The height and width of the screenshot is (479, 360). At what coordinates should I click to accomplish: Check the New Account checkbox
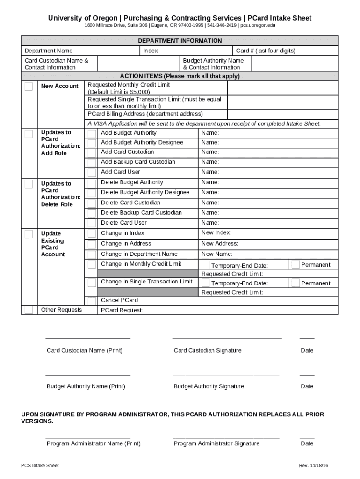pyautogui.click(x=29, y=87)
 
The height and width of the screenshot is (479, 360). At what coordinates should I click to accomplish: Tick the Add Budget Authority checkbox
pyautogui.click(x=92, y=134)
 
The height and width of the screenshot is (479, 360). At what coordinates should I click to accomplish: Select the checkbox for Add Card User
pyautogui.click(x=92, y=173)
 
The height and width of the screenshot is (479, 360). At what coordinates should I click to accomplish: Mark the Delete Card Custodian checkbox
pyautogui.click(x=92, y=203)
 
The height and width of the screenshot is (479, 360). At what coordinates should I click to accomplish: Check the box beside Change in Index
pyautogui.click(x=92, y=234)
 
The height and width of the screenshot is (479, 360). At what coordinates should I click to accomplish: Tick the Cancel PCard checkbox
pyautogui.click(x=92, y=300)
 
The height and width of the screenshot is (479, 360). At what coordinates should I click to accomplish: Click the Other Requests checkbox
pyautogui.click(x=29, y=310)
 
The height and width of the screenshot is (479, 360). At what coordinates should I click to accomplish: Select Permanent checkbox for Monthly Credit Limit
pyautogui.click(x=295, y=265)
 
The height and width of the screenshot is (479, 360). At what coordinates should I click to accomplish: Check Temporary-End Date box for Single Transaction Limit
pyautogui.click(x=206, y=283)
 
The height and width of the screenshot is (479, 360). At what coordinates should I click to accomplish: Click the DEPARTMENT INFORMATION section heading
pyautogui.click(x=180, y=41)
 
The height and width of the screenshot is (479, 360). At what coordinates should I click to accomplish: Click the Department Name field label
pyautogui.click(x=49, y=51)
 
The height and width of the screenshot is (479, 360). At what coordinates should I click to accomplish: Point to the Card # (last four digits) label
pyautogui.click(x=266, y=51)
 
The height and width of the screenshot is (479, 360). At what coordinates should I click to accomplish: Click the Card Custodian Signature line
pyautogui.click(x=227, y=337)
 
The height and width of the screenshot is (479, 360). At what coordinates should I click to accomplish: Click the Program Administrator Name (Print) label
pyautogui.click(x=94, y=443)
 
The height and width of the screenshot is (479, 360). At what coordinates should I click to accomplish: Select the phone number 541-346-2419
pyautogui.click(x=222, y=25)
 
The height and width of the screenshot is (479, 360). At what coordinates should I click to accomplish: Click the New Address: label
pyautogui.click(x=220, y=243)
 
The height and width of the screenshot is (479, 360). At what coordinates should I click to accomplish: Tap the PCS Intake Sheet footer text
pyautogui.click(x=40, y=466)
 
